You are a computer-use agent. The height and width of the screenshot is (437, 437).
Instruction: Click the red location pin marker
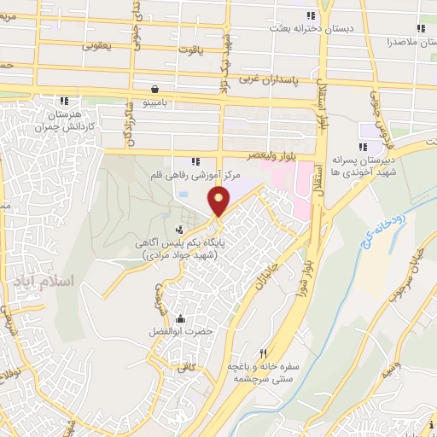(x=219, y=202)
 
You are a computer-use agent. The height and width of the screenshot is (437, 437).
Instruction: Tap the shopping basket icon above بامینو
(x=153, y=88)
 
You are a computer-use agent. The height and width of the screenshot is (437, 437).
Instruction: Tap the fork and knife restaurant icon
(x=264, y=353)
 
